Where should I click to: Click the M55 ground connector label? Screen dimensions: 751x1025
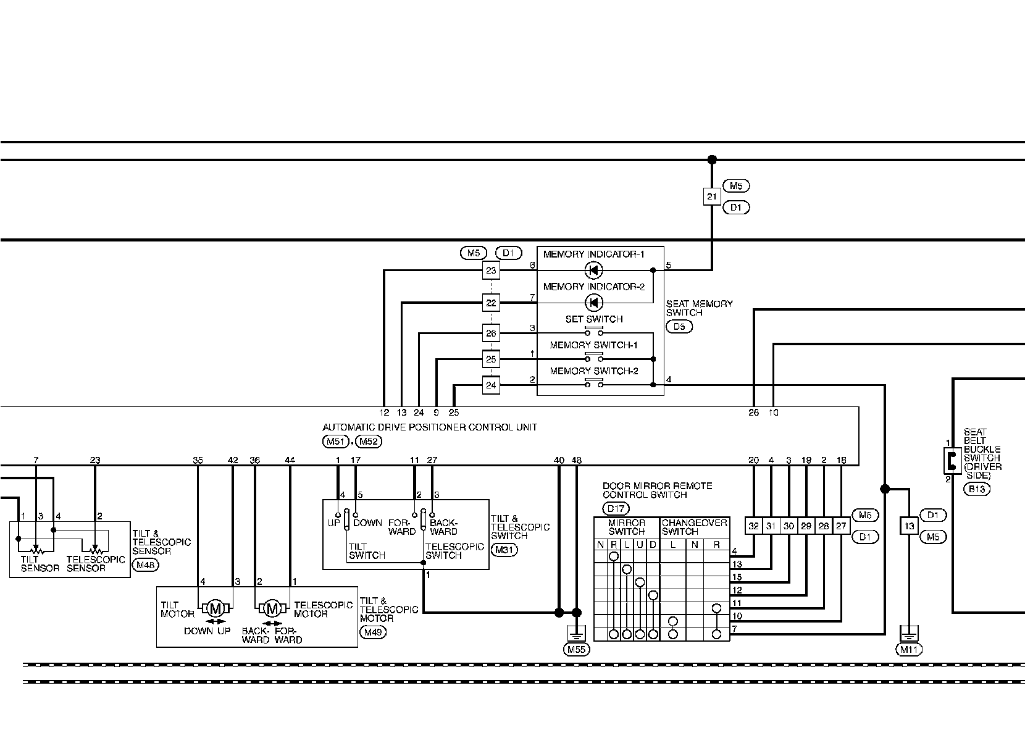(576, 649)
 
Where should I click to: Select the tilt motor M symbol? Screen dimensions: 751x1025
(215, 608)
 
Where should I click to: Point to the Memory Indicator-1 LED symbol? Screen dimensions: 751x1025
(594, 270)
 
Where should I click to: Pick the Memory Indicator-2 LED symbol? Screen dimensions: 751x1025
(594, 303)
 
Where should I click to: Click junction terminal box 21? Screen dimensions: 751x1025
(712, 197)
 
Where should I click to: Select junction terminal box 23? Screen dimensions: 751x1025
(491, 270)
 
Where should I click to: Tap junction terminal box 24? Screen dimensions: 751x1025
(491, 385)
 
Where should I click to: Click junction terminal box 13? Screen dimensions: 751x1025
(909, 526)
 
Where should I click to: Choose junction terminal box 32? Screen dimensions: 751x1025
(753, 526)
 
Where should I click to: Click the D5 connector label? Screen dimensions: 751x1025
(679, 327)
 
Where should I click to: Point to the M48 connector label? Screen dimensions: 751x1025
(146, 564)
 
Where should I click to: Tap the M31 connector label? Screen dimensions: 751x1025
(504, 550)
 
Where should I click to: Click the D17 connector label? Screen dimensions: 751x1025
(616, 509)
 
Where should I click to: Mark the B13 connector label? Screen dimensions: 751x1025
(978, 489)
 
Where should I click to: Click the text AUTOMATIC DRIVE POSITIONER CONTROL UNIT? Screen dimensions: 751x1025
(430, 427)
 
